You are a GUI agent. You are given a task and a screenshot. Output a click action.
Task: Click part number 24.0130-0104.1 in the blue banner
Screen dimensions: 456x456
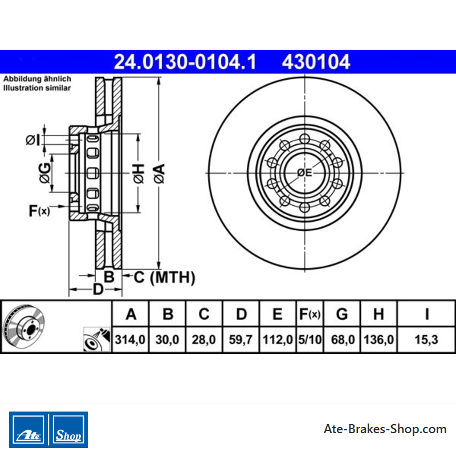[x=185, y=62]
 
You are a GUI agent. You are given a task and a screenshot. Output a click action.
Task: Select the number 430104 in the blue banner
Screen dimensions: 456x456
[x=316, y=62]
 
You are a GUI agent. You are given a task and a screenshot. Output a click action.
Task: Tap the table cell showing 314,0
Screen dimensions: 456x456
[x=130, y=339]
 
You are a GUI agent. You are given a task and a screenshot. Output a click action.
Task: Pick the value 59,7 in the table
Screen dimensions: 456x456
[x=241, y=339]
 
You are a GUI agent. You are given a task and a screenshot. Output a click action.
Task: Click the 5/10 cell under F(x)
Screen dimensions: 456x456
[x=310, y=339]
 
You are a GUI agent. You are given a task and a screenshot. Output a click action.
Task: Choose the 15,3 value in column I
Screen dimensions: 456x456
[x=426, y=339]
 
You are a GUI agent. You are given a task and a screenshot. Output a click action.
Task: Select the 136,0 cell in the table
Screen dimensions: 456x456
[x=378, y=339]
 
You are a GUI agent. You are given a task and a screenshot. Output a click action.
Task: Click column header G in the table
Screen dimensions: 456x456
[x=342, y=314]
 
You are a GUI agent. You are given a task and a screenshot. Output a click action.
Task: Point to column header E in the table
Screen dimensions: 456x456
[x=278, y=314]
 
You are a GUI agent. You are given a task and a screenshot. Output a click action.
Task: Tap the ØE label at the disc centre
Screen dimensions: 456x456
[x=304, y=173]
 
